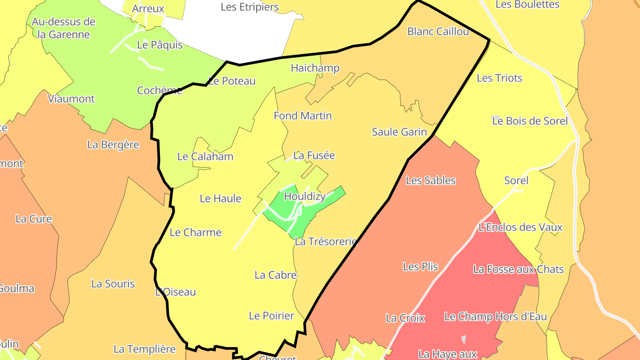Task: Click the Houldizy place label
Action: (304, 196)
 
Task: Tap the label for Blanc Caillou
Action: (438, 32)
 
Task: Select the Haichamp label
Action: (315, 68)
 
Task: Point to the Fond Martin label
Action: (303, 116)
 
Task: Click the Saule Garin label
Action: (399, 132)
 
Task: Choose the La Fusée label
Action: (314, 156)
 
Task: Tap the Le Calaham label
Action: (205, 156)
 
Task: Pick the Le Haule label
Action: (220, 199)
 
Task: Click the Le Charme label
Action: (196, 232)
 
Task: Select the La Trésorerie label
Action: (326, 242)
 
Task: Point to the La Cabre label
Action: (276, 275)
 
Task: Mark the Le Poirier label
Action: (271, 316)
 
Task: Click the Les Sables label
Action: (431, 180)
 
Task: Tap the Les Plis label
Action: (420, 267)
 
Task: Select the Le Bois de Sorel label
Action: (530, 121)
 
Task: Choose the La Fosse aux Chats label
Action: (518, 269)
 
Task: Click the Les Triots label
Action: (499, 78)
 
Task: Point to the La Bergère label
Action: (113, 145)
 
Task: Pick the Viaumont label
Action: (71, 99)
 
